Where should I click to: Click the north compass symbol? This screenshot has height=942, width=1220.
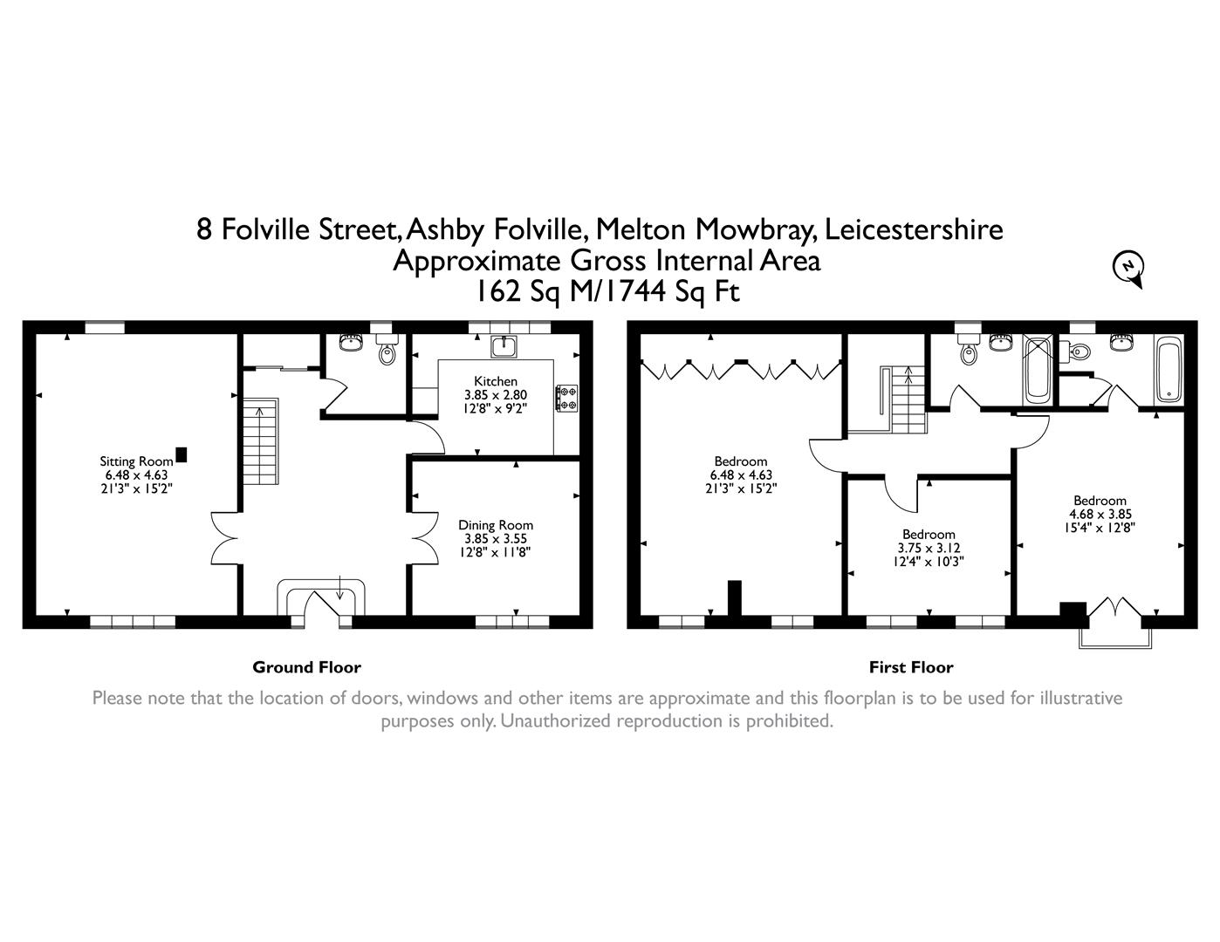pyautogui.click(x=1127, y=268)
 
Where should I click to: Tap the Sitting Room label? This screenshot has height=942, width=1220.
pyautogui.click(x=136, y=461)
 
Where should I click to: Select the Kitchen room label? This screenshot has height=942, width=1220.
pyautogui.click(x=495, y=381)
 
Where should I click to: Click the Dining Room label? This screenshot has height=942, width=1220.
pyautogui.click(x=495, y=525)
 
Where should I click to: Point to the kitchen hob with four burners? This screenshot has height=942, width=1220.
pyautogui.click(x=566, y=398)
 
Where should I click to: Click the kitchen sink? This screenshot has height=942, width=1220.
pyautogui.click(x=504, y=346)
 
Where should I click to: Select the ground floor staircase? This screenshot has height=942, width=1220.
pyautogui.click(x=260, y=440)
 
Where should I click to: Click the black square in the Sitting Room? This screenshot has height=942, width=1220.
pyautogui.click(x=182, y=454)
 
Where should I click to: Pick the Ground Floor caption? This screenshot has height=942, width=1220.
pyautogui.click(x=306, y=667)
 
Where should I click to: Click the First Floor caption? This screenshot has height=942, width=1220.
pyautogui.click(x=911, y=667)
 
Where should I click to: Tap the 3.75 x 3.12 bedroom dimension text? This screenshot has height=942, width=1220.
pyautogui.click(x=929, y=548)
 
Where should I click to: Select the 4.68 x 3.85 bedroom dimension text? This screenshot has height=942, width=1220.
pyautogui.click(x=1100, y=514)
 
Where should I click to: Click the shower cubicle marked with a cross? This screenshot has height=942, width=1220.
pyautogui.click(x=1037, y=369)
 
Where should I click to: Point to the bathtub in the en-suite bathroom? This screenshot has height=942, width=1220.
pyautogui.click(x=1169, y=370)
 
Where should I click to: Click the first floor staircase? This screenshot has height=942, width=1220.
pyautogui.click(x=904, y=399)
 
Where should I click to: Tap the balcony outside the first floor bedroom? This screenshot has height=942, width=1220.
pyautogui.click(x=1115, y=638)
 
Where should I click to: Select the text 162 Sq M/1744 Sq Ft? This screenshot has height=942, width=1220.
pyautogui.click(x=608, y=291)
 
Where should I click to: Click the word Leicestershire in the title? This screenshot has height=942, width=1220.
pyautogui.click(x=914, y=229)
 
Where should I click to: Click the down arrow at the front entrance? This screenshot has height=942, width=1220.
pyautogui.click(x=339, y=587)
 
